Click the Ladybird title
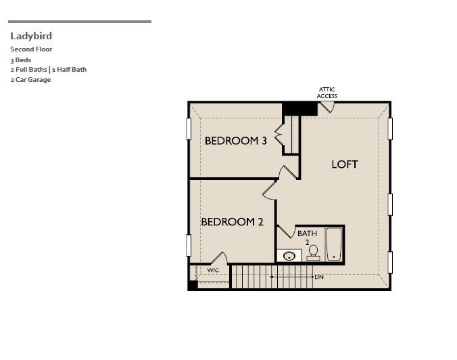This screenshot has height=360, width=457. pyautogui.click(x=31, y=36)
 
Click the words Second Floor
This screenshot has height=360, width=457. pyautogui.click(x=31, y=49)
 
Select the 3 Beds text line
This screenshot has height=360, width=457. pyautogui.click(x=20, y=60)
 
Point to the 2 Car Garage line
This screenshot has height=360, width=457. pyautogui.click(x=30, y=79)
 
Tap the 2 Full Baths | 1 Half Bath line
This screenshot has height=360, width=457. pyautogui.click(x=48, y=69)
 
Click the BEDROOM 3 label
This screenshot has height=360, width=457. pyautogui.click(x=235, y=141)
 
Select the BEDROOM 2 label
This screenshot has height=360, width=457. pyautogui.click(x=231, y=221)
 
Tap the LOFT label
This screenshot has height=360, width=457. pyautogui.click(x=344, y=164)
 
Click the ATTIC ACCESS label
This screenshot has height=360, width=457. pyautogui.click(x=327, y=93)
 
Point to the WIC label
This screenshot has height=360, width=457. pyautogui.click(x=213, y=270)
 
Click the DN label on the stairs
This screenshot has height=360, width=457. pyautogui.click(x=319, y=277)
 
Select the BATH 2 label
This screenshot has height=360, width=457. pyautogui.click(x=307, y=237)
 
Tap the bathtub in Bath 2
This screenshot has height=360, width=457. pyautogui.click(x=333, y=244)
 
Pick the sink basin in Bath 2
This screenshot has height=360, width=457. pyautogui.click(x=289, y=256)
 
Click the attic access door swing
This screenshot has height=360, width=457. pyautogui.click(x=325, y=107)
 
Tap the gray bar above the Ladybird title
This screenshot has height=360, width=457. pyautogui.click(x=79, y=21)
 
